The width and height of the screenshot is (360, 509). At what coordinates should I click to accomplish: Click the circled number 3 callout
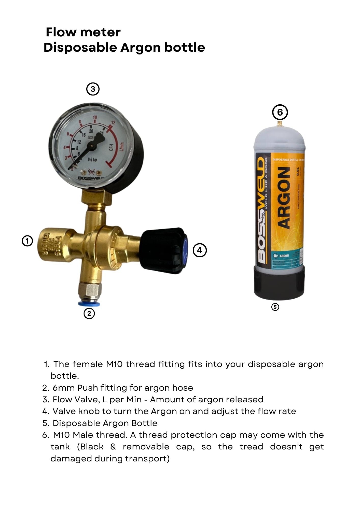[93, 89]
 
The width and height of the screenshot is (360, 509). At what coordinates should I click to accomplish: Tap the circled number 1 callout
[27, 241]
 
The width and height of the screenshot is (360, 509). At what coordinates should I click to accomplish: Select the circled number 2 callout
[89, 314]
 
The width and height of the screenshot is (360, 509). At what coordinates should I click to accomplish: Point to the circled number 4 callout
[200, 250]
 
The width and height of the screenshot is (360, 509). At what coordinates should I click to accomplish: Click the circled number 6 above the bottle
[280, 112]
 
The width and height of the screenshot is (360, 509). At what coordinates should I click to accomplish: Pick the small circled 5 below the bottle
[275, 307]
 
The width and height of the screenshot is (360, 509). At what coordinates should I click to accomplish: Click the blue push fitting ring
[89, 304]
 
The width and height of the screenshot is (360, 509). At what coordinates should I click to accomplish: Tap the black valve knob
[163, 251]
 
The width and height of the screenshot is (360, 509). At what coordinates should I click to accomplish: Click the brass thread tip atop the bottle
[280, 124]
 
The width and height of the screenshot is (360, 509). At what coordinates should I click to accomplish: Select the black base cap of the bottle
[279, 282]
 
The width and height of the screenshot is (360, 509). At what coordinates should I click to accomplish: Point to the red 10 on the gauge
[95, 118]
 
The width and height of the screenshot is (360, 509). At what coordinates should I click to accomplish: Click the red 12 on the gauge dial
[113, 123]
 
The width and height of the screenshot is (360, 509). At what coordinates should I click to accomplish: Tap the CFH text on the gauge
[111, 148]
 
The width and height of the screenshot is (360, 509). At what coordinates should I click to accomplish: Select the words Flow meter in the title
[83, 32]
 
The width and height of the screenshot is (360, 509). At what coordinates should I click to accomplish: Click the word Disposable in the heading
[80, 48]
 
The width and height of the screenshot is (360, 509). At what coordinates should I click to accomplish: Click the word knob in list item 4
[89, 411]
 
